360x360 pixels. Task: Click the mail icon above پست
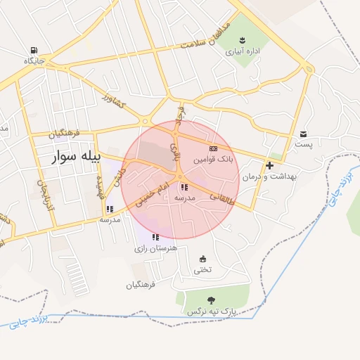tap(303, 134)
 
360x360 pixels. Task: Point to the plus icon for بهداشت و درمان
tap(270, 165)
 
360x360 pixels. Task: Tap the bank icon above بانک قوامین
tap(214, 148)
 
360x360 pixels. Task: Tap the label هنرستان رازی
tap(155, 249)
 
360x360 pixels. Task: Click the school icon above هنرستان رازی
tap(155, 238)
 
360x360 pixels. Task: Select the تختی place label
tap(202, 270)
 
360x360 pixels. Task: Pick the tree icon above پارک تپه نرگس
tap(211, 300)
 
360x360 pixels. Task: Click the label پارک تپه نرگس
tap(211, 311)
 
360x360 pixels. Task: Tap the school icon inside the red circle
tap(184, 187)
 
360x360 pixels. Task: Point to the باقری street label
tap(176, 148)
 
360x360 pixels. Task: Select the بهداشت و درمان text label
tap(270, 176)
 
